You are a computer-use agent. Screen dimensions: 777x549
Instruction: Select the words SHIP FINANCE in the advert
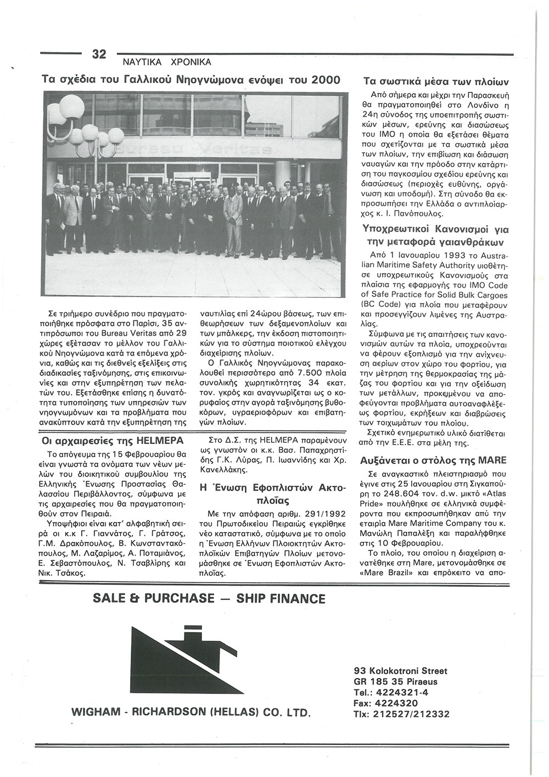(x=281, y=598)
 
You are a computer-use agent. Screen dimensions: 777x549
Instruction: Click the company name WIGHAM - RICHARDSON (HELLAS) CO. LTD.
(x=191, y=713)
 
